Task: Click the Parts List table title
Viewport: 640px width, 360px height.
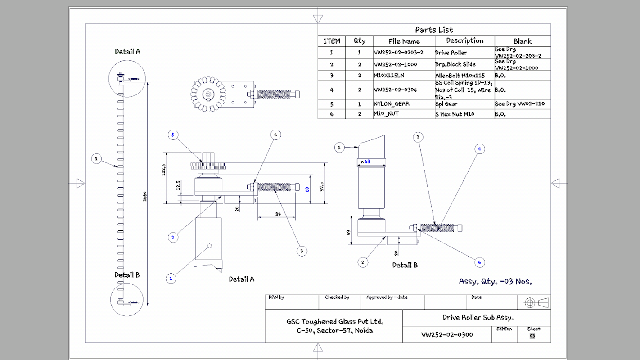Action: click(x=434, y=30)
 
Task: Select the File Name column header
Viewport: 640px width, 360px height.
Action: click(x=404, y=41)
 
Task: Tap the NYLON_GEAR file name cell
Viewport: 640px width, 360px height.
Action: click(x=391, y=104)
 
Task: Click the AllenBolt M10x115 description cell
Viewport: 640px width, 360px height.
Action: click(x=460, y=76)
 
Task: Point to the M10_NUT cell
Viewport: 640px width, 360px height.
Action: click(x=386, y=114)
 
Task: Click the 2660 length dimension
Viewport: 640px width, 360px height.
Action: click(x=145, y=197)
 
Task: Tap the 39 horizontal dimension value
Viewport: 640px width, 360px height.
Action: click(x=278, y=215)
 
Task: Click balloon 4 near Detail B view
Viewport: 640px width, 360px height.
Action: click(x=480, y=148)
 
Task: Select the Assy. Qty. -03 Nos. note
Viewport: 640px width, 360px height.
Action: click(x=495, y=282)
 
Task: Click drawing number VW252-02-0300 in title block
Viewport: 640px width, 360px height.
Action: click(x=447, y=334)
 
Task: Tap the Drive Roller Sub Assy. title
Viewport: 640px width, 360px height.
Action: click(x=478, y=318)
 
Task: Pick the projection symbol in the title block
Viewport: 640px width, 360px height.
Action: click(x=536, y=302)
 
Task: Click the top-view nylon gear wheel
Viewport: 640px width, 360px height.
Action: click(x=207, y=94)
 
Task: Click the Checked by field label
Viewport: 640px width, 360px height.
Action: click(x=337, y=297)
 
